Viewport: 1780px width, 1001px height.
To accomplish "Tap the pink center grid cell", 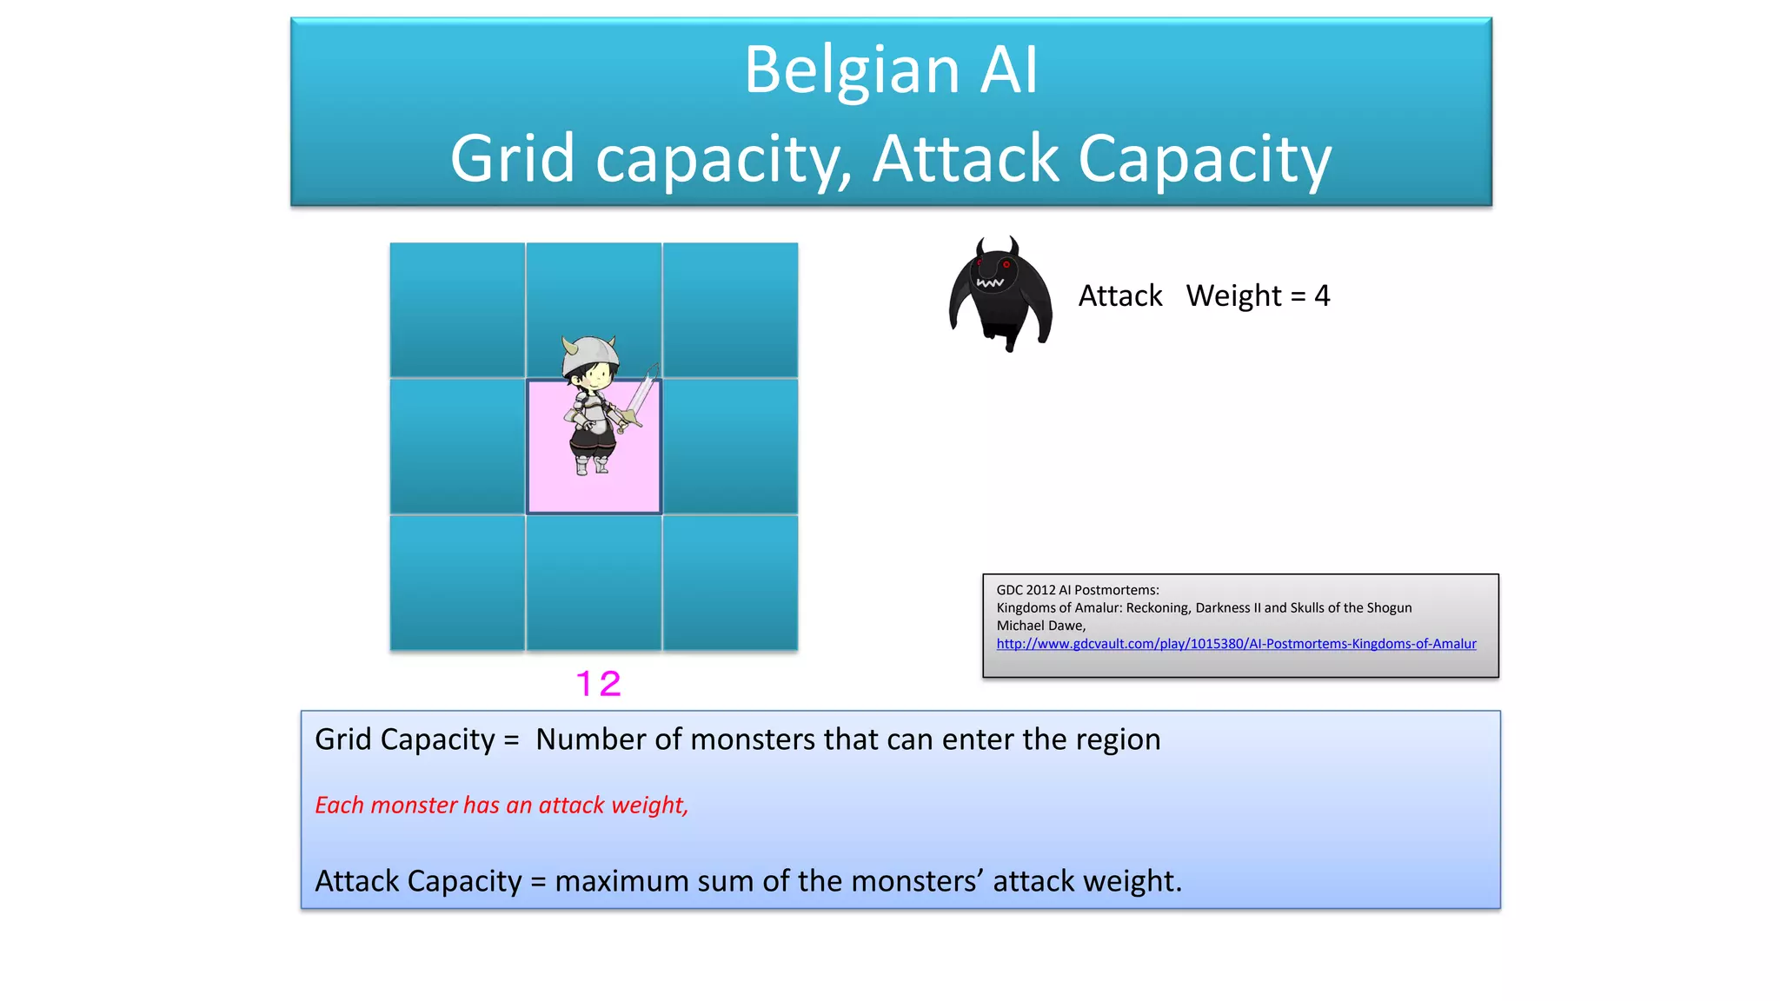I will tap(548, 487).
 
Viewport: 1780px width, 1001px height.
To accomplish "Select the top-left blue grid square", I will tap(457, 310).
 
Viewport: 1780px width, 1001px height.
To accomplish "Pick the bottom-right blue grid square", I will tap(730, 583).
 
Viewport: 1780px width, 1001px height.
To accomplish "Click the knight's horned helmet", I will tap(590, 354).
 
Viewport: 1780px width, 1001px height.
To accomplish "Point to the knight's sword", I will tap(642, 395).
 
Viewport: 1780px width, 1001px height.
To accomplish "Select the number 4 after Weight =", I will tap(1322, 296).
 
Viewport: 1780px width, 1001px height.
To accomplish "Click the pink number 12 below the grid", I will tap(599, 684).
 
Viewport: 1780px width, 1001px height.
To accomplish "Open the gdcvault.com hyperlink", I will tap(1236, 644).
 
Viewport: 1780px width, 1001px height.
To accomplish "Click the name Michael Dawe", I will tap(1040, 626).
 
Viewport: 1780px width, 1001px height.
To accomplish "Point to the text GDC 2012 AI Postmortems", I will tap(1077, 590).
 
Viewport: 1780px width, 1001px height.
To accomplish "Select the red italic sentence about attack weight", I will tap(501, 805).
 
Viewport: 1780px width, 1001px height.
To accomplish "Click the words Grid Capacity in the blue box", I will tap(404, 739).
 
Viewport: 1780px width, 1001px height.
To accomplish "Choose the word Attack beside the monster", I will tap(1120, 296).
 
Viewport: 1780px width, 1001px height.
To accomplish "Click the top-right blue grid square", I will tap(730, 310).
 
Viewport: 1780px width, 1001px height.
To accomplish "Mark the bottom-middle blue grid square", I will tap(594, 583).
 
